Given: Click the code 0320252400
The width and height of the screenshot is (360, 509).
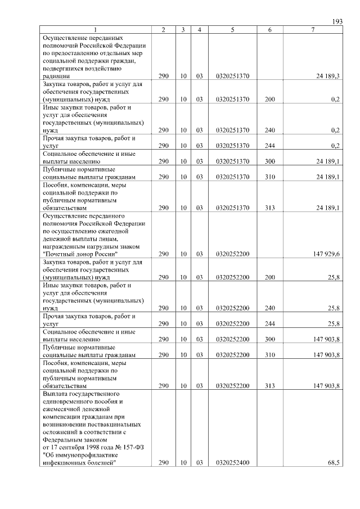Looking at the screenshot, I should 232,462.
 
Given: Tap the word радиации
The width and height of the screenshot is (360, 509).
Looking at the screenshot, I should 56,76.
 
